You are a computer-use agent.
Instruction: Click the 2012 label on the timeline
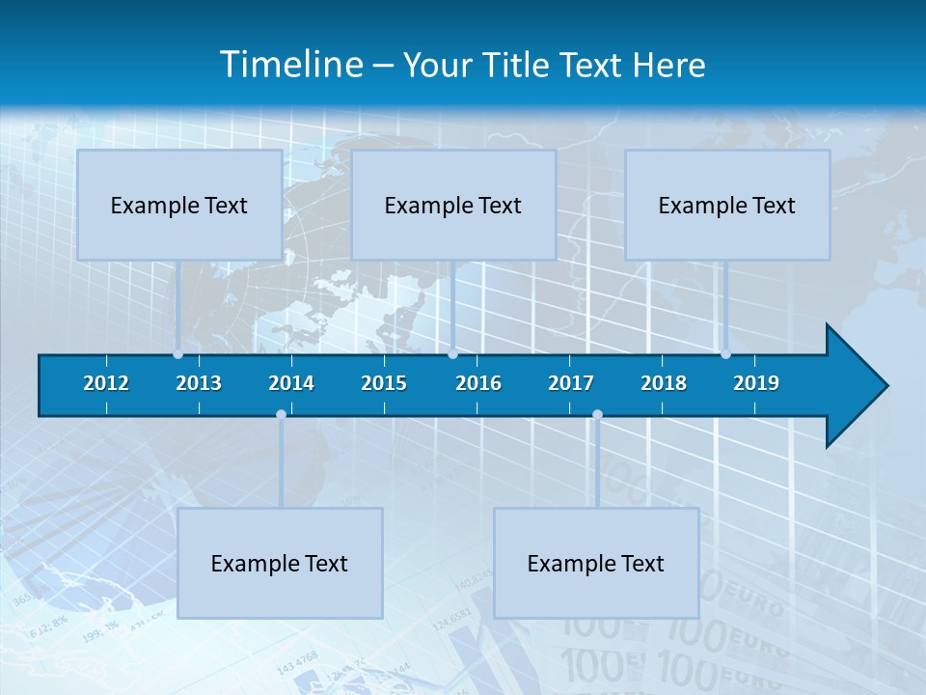(x=106, y=383)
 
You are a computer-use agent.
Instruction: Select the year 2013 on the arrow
(x=199, y=383)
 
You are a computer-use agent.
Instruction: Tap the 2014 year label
(x=291, y=383)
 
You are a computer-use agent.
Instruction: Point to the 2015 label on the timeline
(x=384, y=383)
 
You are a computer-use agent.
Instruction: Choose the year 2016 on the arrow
(x=478, y=383)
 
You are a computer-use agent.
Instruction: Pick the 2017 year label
(x=571, y=383)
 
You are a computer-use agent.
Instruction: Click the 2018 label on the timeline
(x=664, y=383)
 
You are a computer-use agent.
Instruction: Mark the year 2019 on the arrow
(x=756, y=383)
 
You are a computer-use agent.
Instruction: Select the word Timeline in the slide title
(x=289, y=65)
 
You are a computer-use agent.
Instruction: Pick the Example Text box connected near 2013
(x=179, y=205)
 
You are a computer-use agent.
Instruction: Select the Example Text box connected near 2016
(x=453, y=205)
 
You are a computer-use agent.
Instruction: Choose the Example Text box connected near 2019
(x=727, y=205)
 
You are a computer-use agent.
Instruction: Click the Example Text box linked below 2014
(x=280, y=563)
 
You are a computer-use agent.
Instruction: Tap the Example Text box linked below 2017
(x=596, y=563)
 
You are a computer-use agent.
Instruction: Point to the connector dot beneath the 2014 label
(x=281, y=414)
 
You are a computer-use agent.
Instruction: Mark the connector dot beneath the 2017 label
(x=597, y=414)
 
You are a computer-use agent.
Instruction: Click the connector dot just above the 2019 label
(x=725, y=354)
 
